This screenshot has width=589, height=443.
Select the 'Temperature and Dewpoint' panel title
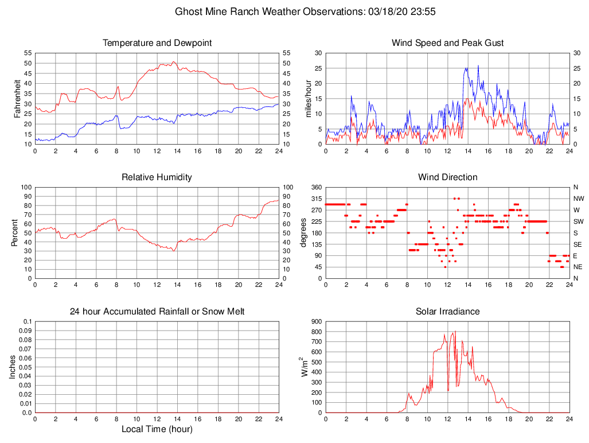click(x=157, y=43)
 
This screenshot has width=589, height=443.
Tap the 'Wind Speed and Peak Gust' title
click(x=447, y=43)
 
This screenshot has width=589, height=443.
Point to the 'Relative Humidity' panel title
click(x=157, y=177)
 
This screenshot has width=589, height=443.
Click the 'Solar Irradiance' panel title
click(x=447, y=312)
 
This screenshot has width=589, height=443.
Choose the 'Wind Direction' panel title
click(x=447, y=177)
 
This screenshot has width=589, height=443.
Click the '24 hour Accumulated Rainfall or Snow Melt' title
click(x=157, y=312)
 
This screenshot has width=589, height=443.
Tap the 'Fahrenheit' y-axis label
click(x=17, y=98)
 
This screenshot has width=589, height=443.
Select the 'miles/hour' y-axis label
click(x=308, y=98)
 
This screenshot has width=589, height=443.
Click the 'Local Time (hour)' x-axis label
click(x=157, y=429)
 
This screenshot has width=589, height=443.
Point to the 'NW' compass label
click(x=579, y=199)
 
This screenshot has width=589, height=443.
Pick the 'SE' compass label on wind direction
click(x=578, y=244)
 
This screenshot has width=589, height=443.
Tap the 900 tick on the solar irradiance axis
click(x=316, y=321)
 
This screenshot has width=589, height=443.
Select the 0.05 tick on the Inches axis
click(x=25, y=367)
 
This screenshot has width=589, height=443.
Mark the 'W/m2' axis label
click(x=305, y=367)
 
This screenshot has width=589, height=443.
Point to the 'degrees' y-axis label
click(x=303, y=232)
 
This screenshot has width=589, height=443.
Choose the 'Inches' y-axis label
click(x=13, y=367)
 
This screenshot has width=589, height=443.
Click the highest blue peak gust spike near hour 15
click(x=478, y=66)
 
